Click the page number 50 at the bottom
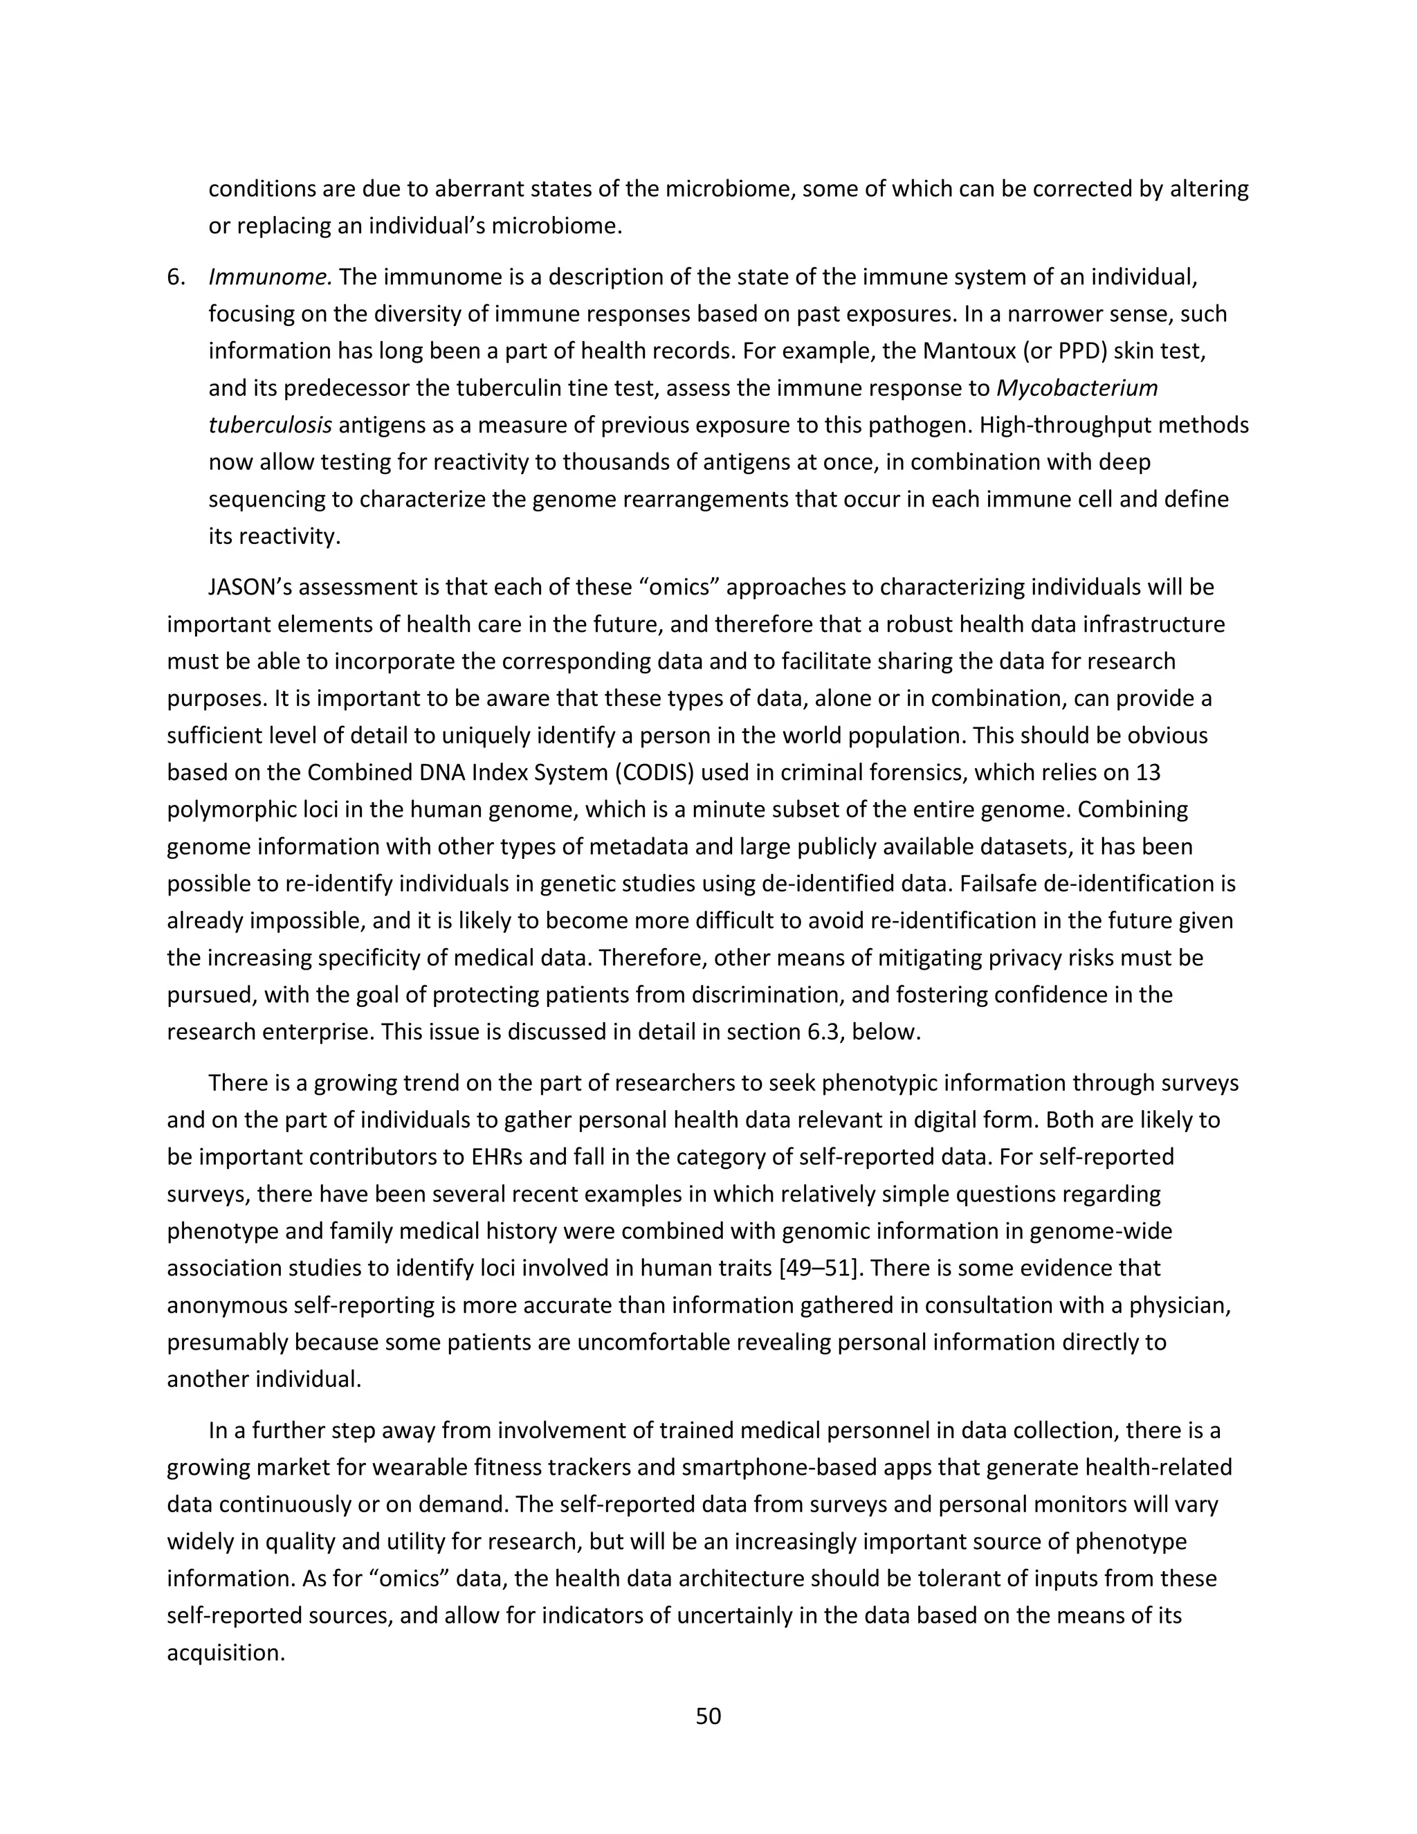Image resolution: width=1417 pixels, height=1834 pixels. pyautogui.click(x=708, y=1716)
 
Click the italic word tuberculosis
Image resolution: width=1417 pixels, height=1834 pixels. pyautogui.click(x=269, y=425)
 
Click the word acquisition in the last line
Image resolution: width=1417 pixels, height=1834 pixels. pyautogui.click(x=224, y=1652)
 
